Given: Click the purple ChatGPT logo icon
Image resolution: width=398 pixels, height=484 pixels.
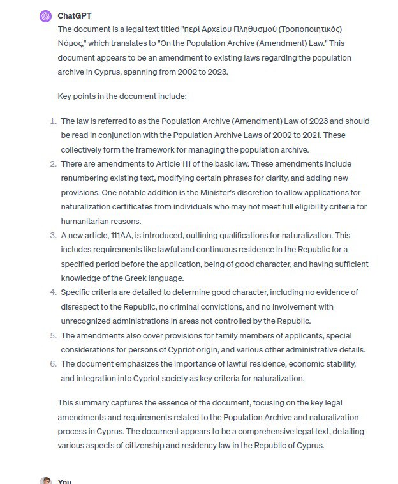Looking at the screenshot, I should (x=45, y=16).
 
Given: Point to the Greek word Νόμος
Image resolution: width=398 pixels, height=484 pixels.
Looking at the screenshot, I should (x=71, y=43).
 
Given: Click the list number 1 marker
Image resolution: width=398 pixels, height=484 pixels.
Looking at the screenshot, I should (x=52, y=121).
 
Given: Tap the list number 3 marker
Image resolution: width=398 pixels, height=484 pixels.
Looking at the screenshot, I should (x=52, y=236).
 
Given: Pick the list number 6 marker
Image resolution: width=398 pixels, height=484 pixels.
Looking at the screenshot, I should (x=52, y=364).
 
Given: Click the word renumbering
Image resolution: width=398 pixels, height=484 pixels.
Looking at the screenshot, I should (x=85, y=178).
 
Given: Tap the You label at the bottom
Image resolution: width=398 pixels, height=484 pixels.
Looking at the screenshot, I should (x=64, y=481).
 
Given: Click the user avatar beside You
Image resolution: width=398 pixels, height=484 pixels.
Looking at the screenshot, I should (x=45, y=481).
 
